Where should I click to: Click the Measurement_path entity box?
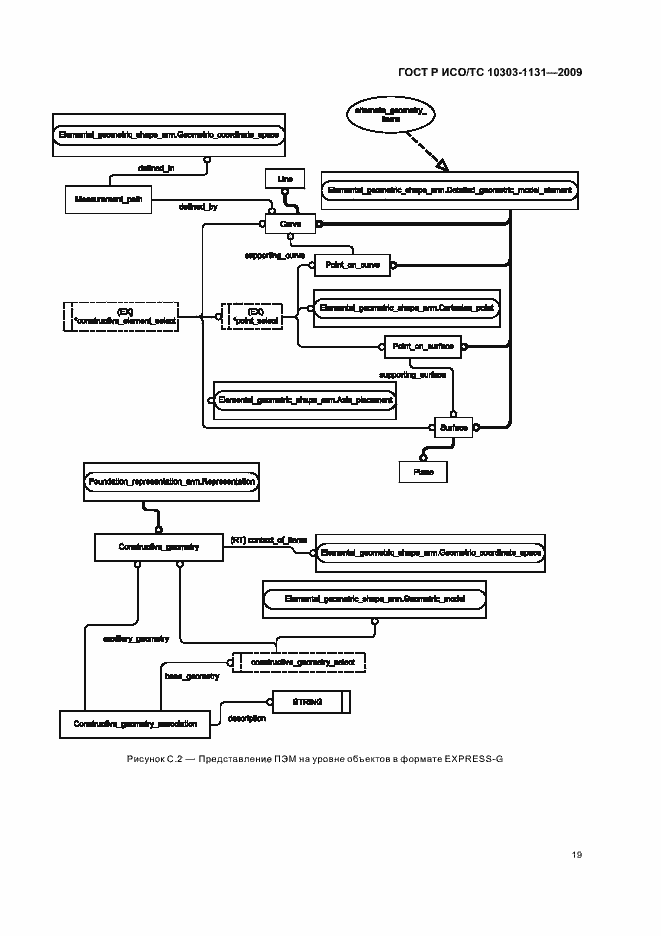(x=107, y=200)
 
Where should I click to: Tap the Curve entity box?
(x=291, y=225)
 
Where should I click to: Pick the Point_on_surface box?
(x=424, y=346)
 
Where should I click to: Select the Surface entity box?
(x=454, y=427)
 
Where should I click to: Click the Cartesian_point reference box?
(x=405, y=305)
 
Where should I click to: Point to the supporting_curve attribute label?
(x=275, y=256)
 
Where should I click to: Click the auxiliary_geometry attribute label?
(x=135, y=638)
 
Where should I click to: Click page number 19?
(x=577, y=854)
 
